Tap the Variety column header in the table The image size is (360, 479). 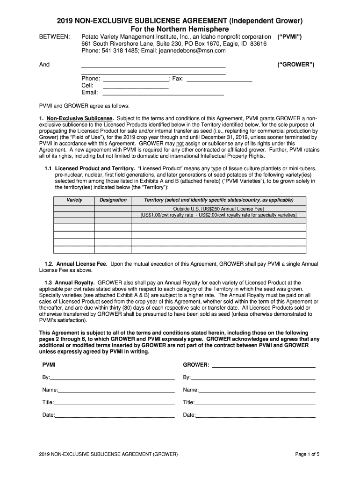74,200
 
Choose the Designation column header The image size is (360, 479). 113,200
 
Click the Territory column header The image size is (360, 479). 219,200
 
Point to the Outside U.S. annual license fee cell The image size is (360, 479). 219,209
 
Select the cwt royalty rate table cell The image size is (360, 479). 219,215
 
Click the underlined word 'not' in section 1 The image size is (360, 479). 180,143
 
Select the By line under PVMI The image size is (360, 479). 112,377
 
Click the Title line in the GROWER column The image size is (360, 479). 255,402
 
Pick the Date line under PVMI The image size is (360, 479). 115,415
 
